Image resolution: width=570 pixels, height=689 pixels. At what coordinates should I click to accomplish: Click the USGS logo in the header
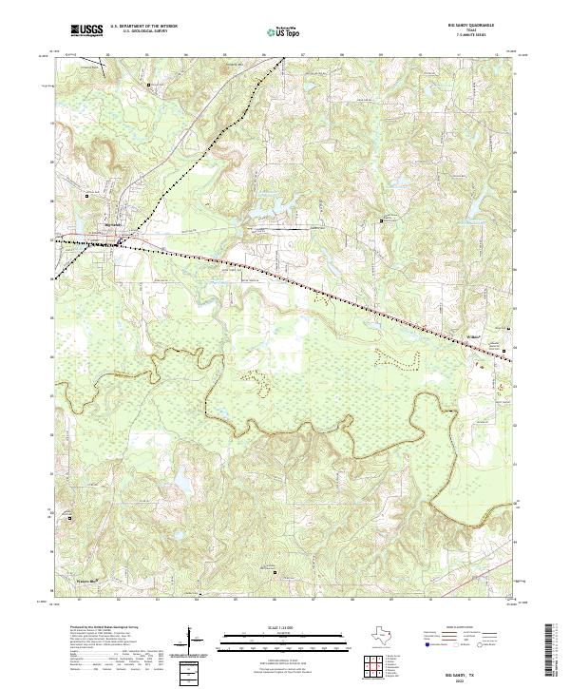coord(86,30)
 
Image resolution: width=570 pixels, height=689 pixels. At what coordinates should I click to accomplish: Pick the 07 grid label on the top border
coord(302,54)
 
